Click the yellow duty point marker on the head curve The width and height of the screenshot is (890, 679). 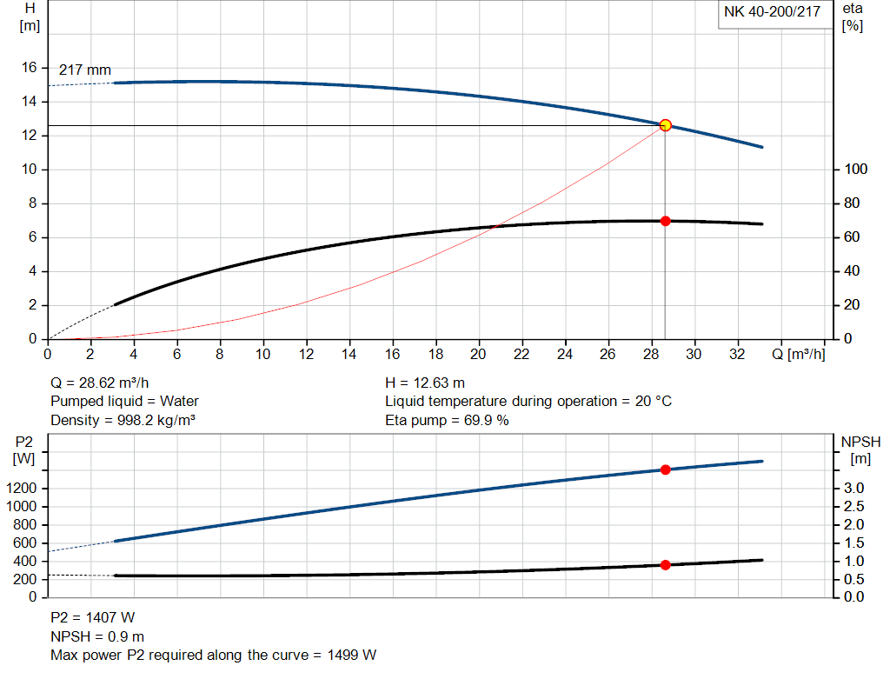(666, 125)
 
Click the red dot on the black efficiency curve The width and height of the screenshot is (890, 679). (666, 221)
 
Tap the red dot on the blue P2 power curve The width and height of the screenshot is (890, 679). (666, 469)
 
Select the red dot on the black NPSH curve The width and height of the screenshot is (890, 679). (666, 565)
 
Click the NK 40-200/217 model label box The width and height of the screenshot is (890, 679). (772, 13)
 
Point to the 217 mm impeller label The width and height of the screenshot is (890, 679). (85, 70)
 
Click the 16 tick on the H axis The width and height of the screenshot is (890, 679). (29, 68)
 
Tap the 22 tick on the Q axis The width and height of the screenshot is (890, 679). (521, 355)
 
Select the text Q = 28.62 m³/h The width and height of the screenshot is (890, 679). (106, 383)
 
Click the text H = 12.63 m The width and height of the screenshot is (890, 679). (425, 383)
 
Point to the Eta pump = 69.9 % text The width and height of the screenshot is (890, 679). (447, 421)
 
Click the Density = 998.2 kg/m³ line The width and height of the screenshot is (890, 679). (123, 421)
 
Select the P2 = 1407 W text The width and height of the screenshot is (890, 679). (93, 618)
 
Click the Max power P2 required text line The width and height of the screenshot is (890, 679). (214, 656)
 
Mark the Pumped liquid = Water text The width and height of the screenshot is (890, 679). (124, 402)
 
